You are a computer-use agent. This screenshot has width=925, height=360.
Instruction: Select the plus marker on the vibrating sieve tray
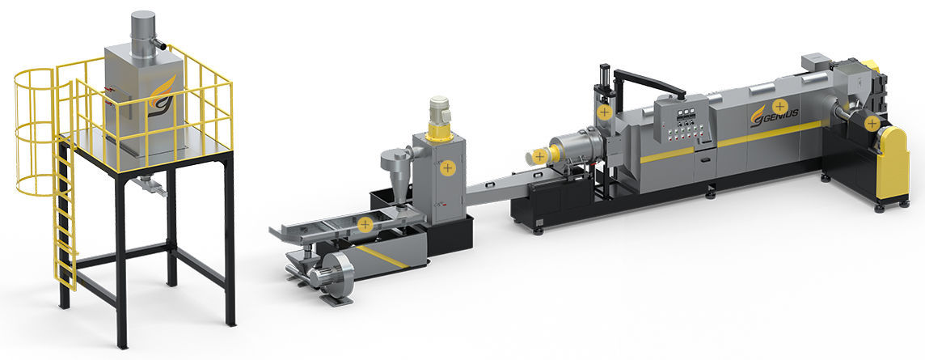tap(365, 224)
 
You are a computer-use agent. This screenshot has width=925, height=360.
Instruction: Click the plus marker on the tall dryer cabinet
tap(447, 168)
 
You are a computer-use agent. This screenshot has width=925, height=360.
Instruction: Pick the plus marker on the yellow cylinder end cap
tap(539, 155)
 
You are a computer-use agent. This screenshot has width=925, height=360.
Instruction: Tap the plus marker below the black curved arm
tap(603, 111)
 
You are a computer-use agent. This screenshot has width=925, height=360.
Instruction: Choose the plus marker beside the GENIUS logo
tap(779, 105)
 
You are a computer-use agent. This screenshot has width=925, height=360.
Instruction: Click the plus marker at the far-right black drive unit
tap(871, 123)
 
